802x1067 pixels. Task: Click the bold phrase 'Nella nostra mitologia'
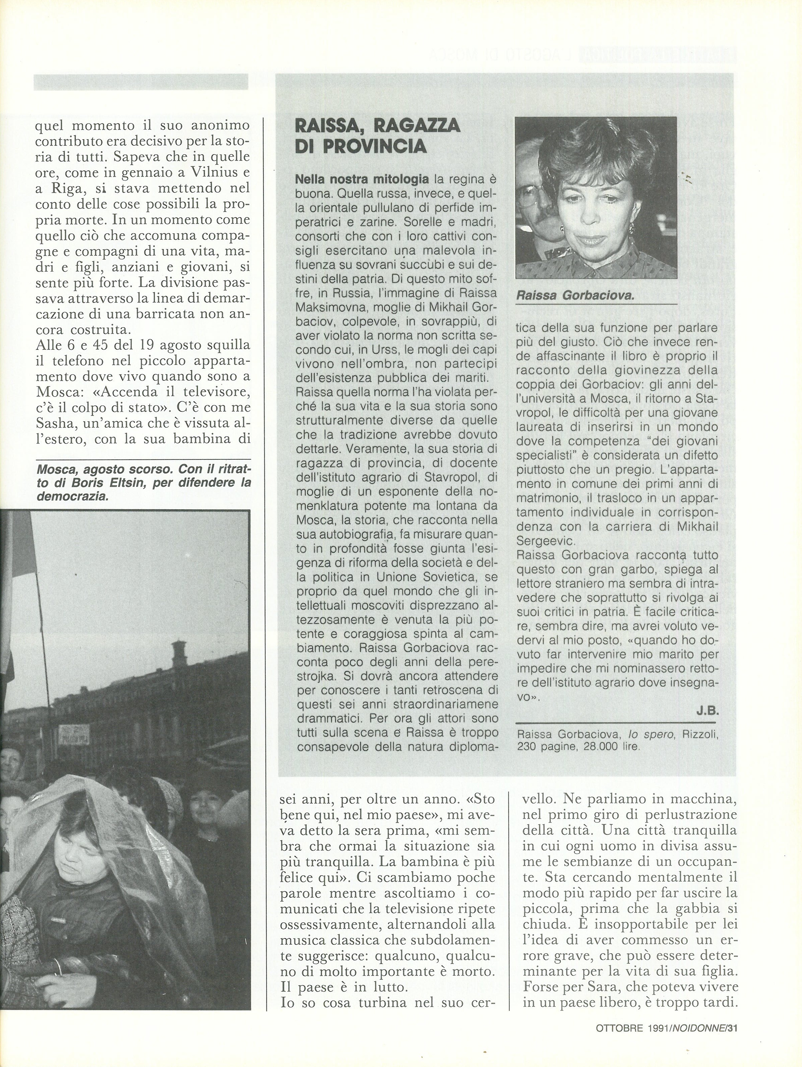pyautogui.click(x=361, y=179)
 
